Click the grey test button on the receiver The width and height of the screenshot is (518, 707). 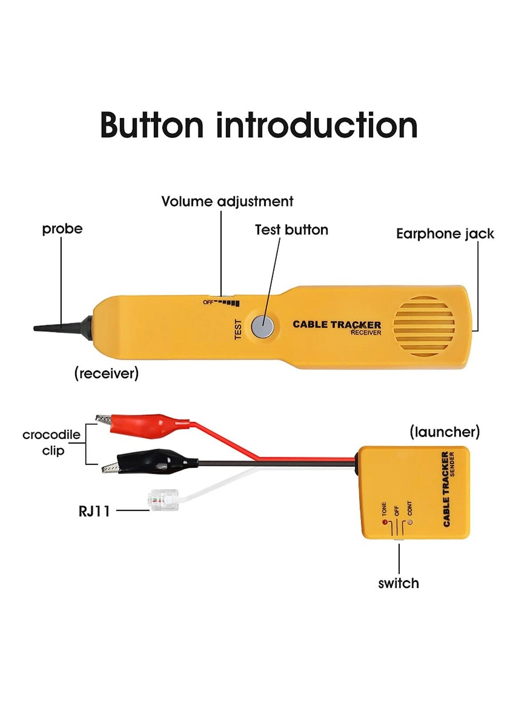[x=262, y=327]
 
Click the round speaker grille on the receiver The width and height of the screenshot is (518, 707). [x=424, y=326]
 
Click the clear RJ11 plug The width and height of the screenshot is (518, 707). [x=164, y=500]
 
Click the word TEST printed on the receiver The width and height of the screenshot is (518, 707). [x=238, y=329]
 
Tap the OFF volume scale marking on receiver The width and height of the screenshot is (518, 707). [x=208, y=302]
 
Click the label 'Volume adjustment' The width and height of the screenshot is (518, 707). [x=227, y=201]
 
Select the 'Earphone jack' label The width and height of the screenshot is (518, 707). [x=445, y=234]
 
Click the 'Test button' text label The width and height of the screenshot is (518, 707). [x=292, y=230]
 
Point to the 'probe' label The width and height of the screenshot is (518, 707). [x=62, y=229]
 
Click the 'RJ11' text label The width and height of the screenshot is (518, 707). [x=94, y=511]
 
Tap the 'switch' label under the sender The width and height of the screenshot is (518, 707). [x=398, y=583]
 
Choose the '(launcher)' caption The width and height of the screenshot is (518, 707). [x=444, y=432]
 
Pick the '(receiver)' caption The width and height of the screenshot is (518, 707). [x=106, y=373]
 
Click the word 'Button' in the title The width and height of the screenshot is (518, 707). [x=152, y=126]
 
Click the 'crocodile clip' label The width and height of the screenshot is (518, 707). [x=52, y=442]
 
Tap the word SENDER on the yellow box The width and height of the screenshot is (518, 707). [x=452, y=464]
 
